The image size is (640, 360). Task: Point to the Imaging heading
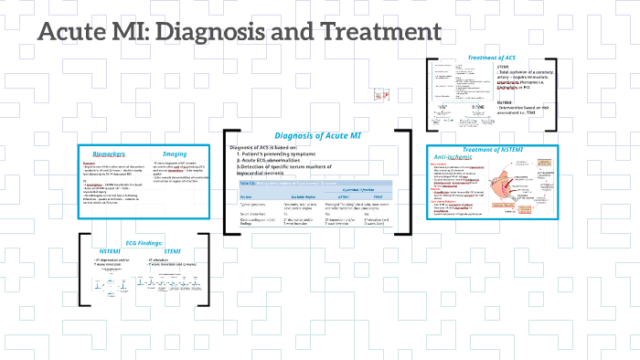175,154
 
